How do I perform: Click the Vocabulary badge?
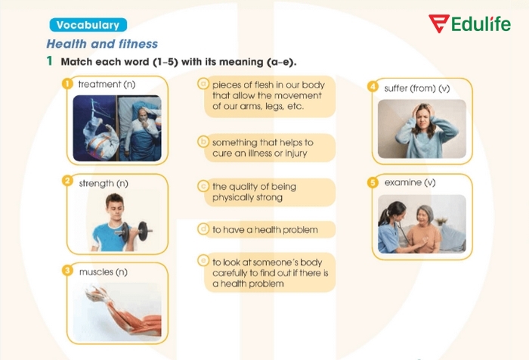pos(87,25)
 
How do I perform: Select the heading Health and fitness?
pos(102,44)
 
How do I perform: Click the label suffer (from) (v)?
pos(417,88)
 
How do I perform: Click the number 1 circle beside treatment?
pos(67,84)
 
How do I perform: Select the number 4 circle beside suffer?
pos(373,87)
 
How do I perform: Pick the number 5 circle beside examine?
pos(373,182)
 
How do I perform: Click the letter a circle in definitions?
pos(203,84)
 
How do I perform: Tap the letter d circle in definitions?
pos(203,228)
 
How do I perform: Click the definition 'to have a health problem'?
pos(264,229)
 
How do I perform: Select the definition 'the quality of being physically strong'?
pos(254,192)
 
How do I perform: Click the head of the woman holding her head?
pos(422,119)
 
